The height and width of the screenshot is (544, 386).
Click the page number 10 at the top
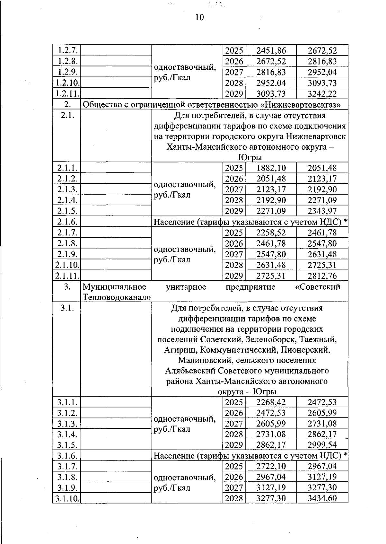(x=199, y=17)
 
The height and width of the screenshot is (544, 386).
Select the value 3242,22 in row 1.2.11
(x=322, y=94)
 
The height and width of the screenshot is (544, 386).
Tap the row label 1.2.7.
(x=67, y=50)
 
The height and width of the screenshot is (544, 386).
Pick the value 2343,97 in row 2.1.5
(x=322, y=211)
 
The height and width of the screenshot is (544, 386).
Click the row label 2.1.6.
(x=67, y=222)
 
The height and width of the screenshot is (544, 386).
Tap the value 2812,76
(x=322, y=276)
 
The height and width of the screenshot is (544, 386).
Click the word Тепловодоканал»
(x=117, y=297)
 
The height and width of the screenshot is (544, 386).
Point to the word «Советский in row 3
(x=317, y=287)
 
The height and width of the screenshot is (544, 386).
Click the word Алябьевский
(x=190, y=371)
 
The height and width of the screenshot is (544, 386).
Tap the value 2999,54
(x=322, y=445)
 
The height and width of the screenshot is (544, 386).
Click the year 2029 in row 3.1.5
(x=234, y=445)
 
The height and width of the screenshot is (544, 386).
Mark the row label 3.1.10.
(x=67, y=498)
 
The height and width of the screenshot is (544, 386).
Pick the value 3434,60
(x=322, y=498)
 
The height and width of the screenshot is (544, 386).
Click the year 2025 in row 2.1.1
(x=234, y=168)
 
